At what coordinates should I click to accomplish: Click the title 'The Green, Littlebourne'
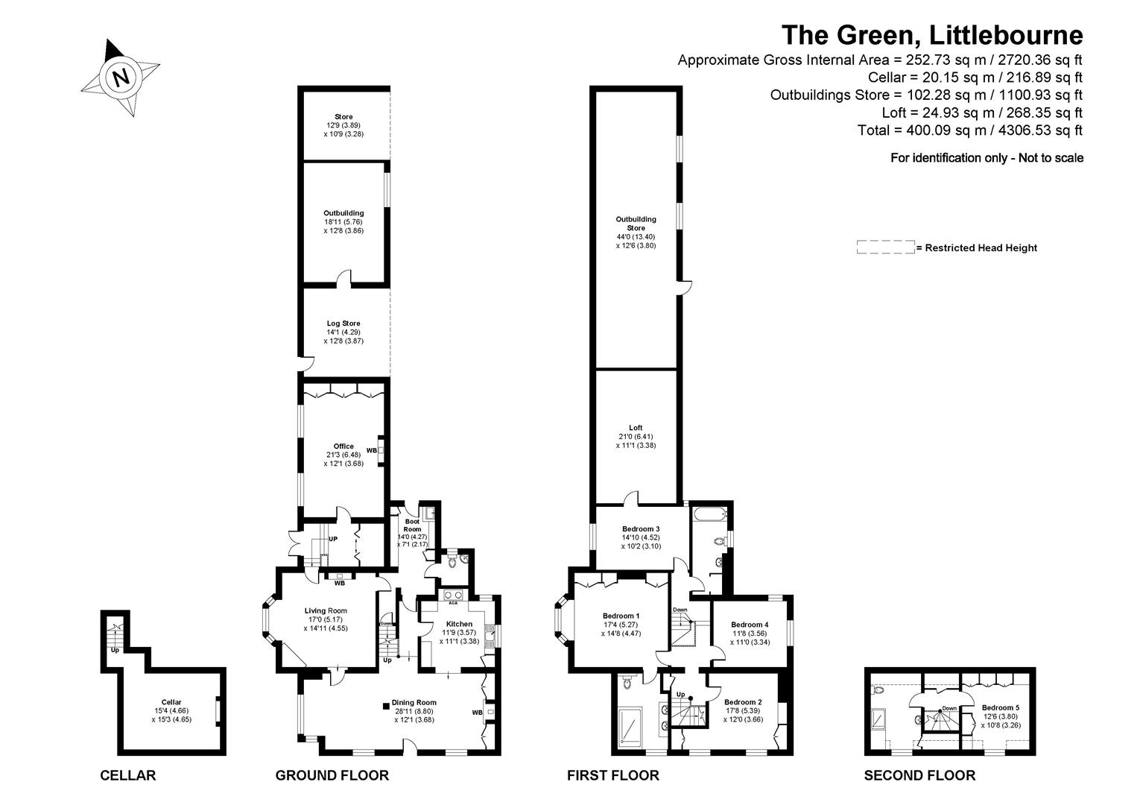(x=931, y=35)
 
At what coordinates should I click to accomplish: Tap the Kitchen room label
(x=459, y=624)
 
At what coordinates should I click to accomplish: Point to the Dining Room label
(x=414, y=702)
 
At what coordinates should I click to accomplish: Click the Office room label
(x=343, y=446)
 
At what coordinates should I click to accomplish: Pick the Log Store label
(x=343, y=323)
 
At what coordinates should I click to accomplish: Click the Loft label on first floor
(x=636, y=428)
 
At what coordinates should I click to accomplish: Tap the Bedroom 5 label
(x=1000, y=707)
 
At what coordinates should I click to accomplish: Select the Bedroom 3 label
(x=641, y=528)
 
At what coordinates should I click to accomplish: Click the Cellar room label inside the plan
(x=171, y=702)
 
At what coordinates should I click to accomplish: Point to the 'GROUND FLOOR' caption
(x=332, y=775)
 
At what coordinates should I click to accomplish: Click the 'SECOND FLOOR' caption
(x=919, y=775)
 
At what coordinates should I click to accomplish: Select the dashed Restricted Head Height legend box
(x=885, y=247)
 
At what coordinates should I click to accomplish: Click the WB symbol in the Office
(x=372, y=450)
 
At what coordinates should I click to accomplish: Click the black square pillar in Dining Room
(x=385, y=704)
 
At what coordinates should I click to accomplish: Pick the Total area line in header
(x=969, y=130)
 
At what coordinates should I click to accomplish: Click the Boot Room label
(x=412, y=525)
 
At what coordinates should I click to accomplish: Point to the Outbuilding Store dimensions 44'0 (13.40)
(x=636, y=237)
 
